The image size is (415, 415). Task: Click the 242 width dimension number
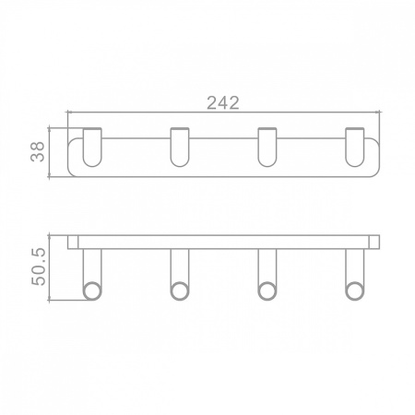[223, 103]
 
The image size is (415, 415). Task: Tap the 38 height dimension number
[38, 151]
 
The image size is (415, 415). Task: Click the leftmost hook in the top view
[92, 147]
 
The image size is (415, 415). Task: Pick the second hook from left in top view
[180, 147]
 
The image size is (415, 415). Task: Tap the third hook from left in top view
[267, 147]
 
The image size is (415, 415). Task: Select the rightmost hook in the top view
[355, 147]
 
